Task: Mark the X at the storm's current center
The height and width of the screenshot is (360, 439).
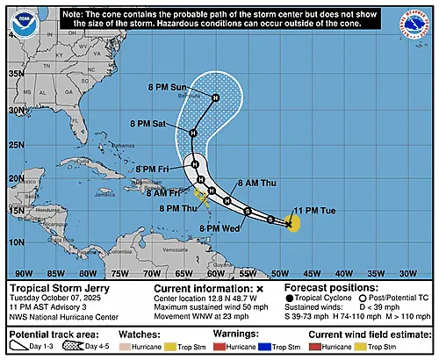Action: click(x=289, y=225)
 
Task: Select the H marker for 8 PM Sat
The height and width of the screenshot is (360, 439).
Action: click(x=193, y=133)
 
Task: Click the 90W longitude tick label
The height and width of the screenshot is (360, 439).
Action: click(x=25, y=273)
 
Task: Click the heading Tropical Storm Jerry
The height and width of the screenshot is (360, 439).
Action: click(x=54, y=288)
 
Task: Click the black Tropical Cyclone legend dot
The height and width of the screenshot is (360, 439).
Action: click(x=290, y=299)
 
